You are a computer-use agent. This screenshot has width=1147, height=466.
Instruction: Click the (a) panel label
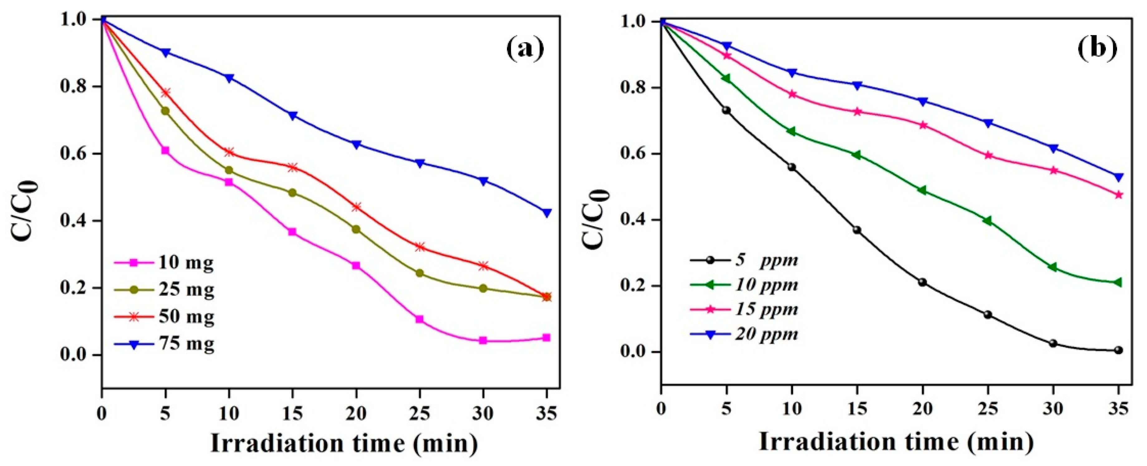(525, 49)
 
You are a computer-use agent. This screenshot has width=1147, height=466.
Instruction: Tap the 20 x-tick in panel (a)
(356, 414)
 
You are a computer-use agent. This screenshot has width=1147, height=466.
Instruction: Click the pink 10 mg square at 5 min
(165, 151)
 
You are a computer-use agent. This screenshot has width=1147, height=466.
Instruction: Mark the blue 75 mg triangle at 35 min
(547, 213)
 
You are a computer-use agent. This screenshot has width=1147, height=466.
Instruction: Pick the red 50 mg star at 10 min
(229, 152)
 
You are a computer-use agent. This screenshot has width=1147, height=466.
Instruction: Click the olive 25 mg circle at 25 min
(419, 273)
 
